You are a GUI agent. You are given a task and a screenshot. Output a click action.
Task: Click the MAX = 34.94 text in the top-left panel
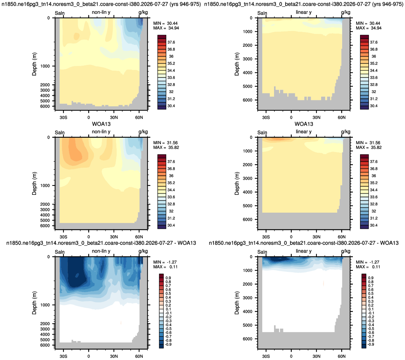point(166,28)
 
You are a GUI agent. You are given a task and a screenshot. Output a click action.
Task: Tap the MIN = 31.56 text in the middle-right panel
point(369,143)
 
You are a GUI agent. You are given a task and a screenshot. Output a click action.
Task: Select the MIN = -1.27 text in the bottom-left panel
point(165,262)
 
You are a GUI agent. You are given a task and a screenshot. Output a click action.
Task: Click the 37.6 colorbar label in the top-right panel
point(374,42)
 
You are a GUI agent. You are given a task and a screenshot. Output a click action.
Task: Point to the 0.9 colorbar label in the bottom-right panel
point(371,278)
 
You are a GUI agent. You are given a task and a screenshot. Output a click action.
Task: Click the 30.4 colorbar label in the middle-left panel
point(171,225)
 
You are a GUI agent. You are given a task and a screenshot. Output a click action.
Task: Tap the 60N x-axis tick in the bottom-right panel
point(341,356)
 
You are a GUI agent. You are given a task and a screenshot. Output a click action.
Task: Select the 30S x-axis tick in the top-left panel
point(63,117)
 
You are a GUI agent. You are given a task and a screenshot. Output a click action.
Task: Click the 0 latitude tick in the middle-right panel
point(291,237)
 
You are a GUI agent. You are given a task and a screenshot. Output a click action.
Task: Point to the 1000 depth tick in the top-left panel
point(45,66)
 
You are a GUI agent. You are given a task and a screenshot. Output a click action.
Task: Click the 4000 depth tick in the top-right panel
point(248,72)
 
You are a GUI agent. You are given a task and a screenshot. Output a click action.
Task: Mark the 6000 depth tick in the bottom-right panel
point(248,339)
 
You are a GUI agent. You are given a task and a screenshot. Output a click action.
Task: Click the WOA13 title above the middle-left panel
point(101,124)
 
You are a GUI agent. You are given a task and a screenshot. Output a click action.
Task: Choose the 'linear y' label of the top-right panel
point(304,12)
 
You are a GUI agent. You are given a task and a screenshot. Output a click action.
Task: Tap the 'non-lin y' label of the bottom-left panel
point(101,251)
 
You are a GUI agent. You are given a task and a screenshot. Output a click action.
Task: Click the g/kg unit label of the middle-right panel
point(346,132)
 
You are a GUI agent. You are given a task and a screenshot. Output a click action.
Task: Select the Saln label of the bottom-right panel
point(262,252)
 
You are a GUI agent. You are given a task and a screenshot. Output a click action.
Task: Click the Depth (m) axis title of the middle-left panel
point(34,183)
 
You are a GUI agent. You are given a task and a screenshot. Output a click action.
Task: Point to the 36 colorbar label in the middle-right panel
point(374,176)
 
